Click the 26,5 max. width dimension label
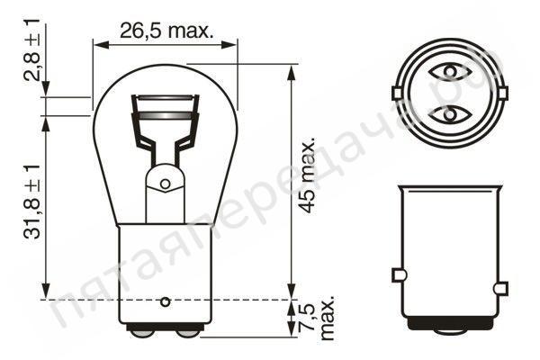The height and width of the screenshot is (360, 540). [x=166, y=31]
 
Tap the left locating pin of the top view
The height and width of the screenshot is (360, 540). [x=397, y=93]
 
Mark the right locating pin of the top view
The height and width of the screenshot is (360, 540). [x=500, y=93]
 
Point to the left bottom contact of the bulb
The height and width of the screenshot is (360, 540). [x=141, y=331]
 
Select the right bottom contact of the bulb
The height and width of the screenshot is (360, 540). [x=188, y=331]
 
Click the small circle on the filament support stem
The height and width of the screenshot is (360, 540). [x=165, y=184]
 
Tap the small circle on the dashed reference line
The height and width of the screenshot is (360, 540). [x=165, y=301]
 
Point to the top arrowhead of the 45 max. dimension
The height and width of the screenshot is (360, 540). [x=291, y=68]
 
